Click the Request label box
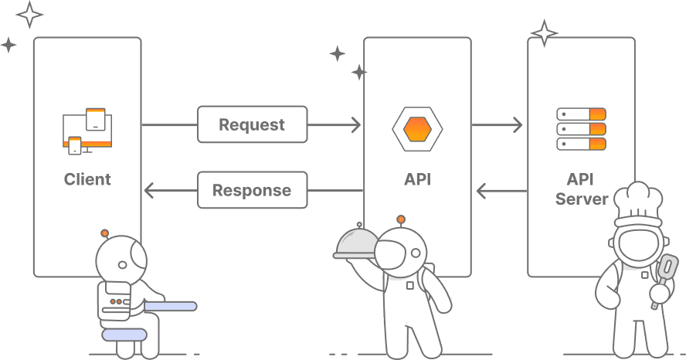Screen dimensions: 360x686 point(252,124)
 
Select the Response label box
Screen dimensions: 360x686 point(252,190)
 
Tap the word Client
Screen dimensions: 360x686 point(87,179)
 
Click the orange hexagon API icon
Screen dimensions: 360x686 point(417,128)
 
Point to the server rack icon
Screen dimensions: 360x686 point(581,129)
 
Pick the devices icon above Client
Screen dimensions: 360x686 point(87,130)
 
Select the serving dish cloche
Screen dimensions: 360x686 point(356,243)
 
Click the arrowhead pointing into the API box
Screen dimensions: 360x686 point(355,124)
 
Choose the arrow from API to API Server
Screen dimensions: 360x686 point(498,124)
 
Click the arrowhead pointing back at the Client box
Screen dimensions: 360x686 point(149,190)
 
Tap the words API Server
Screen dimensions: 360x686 point(581,189)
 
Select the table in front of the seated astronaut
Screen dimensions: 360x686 point(170,307)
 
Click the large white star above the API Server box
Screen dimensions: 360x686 point(545,34)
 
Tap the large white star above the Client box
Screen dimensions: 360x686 point(29,14)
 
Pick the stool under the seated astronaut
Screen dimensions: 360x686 point(124,335)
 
